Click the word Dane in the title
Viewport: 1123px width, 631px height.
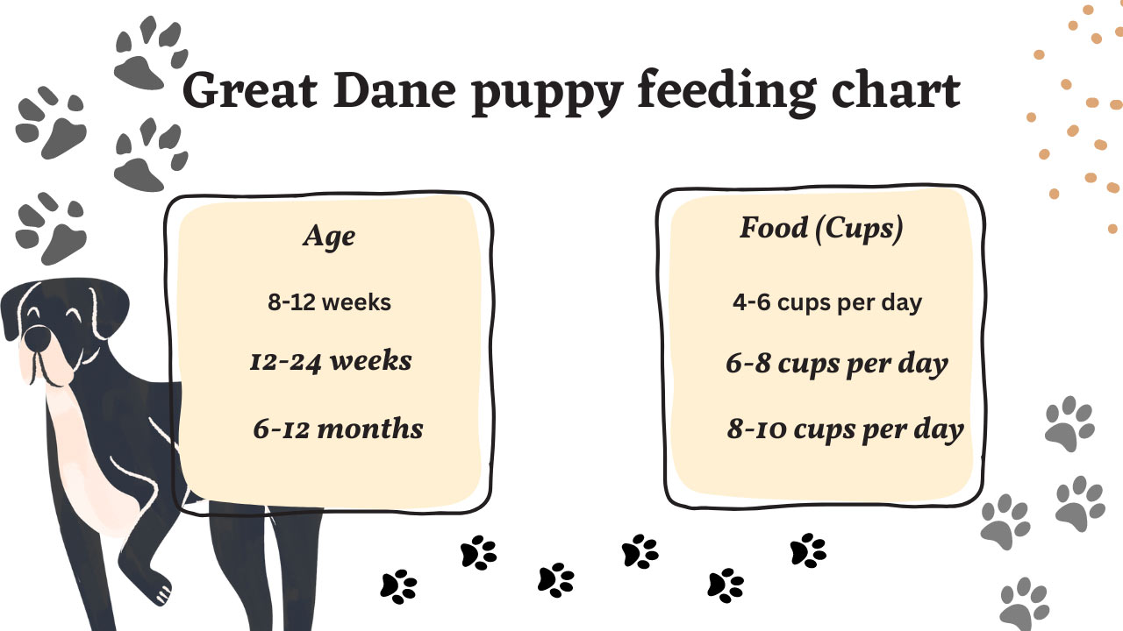pyautogui.click(x=395, y=90)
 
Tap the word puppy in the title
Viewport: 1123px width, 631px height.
pyautogui.click(x=547, y=95)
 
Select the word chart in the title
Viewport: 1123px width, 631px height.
pyautogui.click(x=896, y=90)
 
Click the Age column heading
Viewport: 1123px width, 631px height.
pyautogui.click(x=329, y=236)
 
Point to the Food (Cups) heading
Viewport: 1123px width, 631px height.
pyautogui.click(x=821, y=229)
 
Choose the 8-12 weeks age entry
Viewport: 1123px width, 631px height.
pyautogui.click(x=329, y=302)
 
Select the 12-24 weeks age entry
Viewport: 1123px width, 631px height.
pyautogui.click(x=331, y=362)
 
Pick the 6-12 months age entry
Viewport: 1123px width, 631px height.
pyautogui.click(x=338, y=429)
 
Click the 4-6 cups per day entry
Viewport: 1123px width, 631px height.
pyautogui.click(x=827, y=303)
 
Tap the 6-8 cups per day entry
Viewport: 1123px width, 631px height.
pyautogui.click(x=837, y=364)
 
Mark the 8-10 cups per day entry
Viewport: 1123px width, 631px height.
pyautogui.click(x=845, y=429)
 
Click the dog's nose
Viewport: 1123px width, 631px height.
pyautogui.click(x=38, y=339)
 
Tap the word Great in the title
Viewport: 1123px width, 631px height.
pyautogui.click(x=250, y=90)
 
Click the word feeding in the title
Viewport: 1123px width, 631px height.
pyautogui.click(x=727, y=94)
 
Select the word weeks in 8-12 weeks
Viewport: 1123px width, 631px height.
pyautogui.click(x=356, y=303)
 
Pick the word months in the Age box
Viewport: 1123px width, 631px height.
pyautogui.click(x=370, y=429)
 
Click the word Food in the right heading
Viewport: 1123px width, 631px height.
pyautogui.click(x=774, y=228)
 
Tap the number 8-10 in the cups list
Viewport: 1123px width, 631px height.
pyautogui.click(x=756, y=429)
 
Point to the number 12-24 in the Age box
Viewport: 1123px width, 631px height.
pyautogui.click(x=285, y=362)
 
